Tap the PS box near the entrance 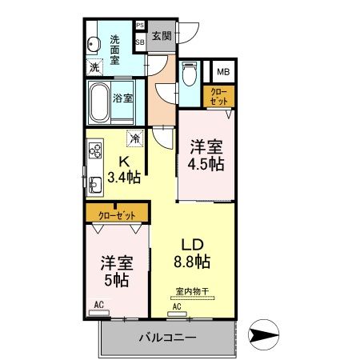pyautogui.click(x=139, y=26)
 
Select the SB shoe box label pyautogui.click(x=139, y=40)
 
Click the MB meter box pyautogui.click(x=222, y=71)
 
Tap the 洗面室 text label pyautogui.click(x=115, y=49)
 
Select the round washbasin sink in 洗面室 pyautogui.click(x=93, y=45)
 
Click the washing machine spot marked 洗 pyautogui.click(x=94, y=67)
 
